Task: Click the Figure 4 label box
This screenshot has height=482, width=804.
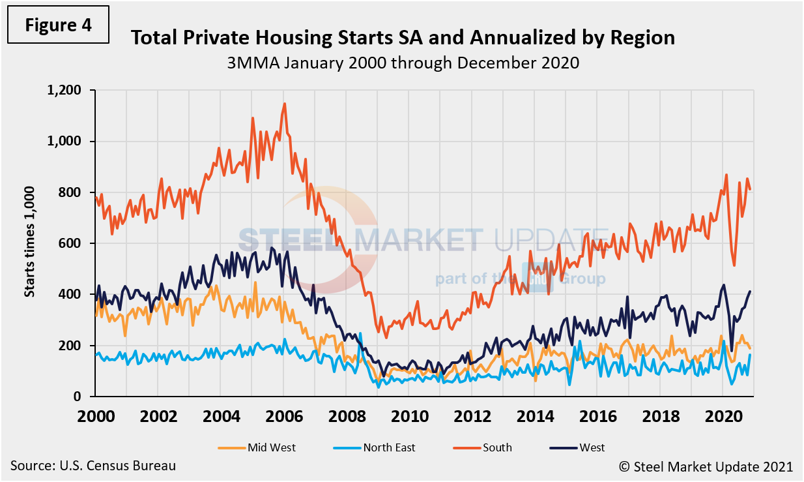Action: (58, 25)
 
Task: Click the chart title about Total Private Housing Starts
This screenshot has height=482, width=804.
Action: (403, 38)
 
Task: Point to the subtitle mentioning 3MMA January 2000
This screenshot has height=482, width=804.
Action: (403, 63)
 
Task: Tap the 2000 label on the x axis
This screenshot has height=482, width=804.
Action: (95, 415)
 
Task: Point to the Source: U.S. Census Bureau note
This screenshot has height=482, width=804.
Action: (93, 466)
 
